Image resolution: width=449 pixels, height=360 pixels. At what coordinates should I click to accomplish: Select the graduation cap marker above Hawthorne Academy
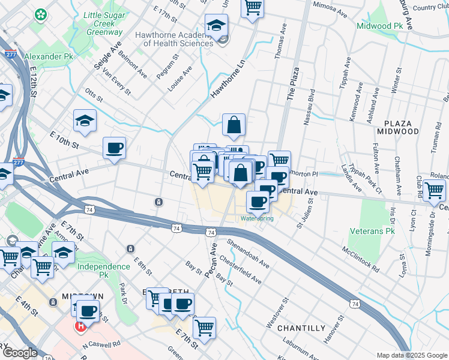coord(216,25)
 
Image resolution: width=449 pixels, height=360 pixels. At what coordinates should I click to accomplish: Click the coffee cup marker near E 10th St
coord(114,148)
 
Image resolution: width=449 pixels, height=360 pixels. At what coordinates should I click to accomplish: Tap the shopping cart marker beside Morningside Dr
coord(434,190)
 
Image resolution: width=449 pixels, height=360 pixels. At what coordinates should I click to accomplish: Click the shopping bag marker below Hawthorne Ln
coord(234,125)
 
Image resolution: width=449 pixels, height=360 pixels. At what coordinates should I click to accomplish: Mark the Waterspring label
coord(257,218)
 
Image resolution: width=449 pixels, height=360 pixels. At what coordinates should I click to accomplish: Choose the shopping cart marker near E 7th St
coord(205,328)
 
